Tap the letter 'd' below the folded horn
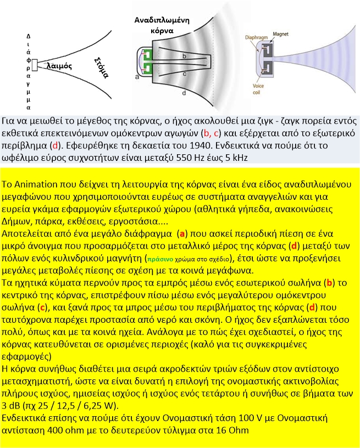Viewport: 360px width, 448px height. [x=184, y=94]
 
